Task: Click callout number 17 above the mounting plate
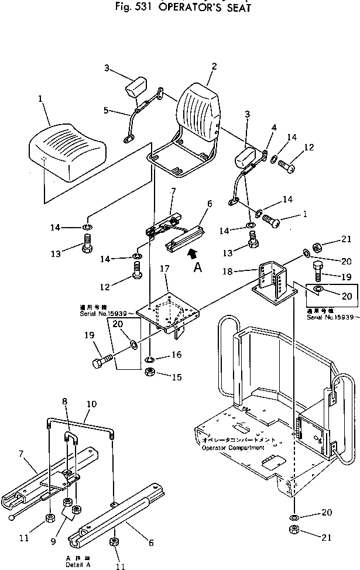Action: pos(164,286)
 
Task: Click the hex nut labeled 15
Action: pos(150,373)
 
